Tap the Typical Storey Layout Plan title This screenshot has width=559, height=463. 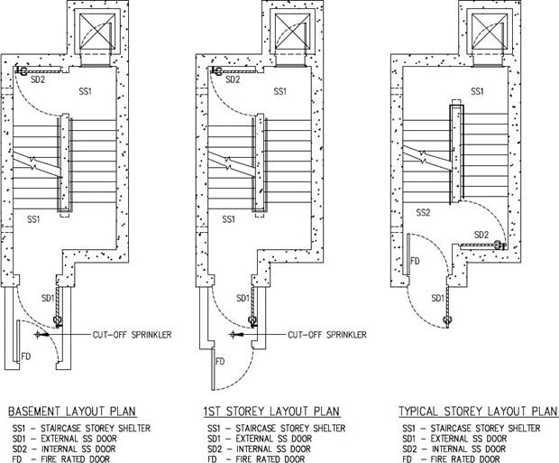click(x=478, y=412)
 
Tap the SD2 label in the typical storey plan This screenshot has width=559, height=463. click(x=481, y=236)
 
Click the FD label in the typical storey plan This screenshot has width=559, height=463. click(x=416, y=260)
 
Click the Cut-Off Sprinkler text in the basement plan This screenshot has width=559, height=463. click(x=132, y=335)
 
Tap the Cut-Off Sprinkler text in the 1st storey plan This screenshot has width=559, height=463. click(x=326, y=335)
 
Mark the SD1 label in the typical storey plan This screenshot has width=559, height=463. click(x=437, y=298)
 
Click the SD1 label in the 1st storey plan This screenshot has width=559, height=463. click(x=242, y=298)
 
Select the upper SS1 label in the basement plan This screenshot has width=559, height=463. click(x=85, y=91)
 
